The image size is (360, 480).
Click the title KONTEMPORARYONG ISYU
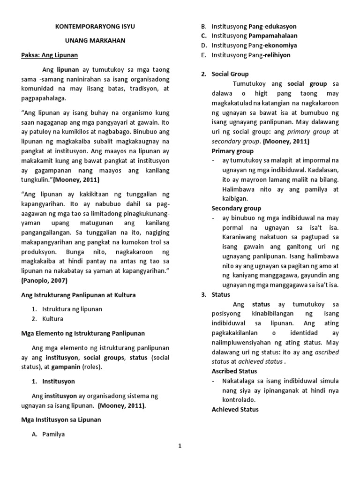[x=96, y=27]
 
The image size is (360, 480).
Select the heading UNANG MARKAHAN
[x=96, y=41]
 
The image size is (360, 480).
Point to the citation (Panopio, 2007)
[x=45, y=280]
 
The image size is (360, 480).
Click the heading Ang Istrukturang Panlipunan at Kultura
[x=78, y=295]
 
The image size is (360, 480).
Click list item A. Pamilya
[x=48, y=434]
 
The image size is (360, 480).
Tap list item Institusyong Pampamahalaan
[x=254, y=36]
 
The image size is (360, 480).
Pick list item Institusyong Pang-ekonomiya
[x=254, y=45]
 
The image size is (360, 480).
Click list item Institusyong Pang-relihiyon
[x=251, y=55]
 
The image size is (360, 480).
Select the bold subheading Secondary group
[x=236, y=208]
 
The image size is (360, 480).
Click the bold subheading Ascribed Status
[x=234, y=371]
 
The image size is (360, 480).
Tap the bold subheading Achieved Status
[x=235, y=410]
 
